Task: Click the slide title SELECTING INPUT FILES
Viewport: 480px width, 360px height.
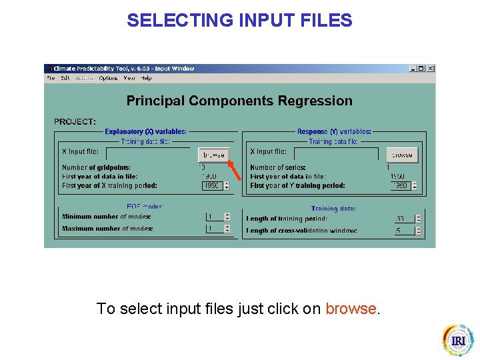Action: tap(239, 21)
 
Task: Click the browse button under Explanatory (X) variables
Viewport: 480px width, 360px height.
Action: tap(214, 155)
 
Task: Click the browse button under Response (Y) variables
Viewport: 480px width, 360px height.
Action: tap(402, 155)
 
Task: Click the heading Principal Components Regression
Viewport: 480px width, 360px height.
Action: tap(239, 101)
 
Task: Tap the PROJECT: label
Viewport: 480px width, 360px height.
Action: tap(75, 122)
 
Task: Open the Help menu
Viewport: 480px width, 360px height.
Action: tap(146, 78)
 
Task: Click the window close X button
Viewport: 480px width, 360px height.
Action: tap(431, 69)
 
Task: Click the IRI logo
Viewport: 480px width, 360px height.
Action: tap(458, 340)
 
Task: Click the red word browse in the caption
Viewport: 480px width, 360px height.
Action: tap(351, 309)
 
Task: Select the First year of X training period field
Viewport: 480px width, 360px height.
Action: tap(212, 186)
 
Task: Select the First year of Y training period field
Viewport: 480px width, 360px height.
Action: tap(401, 186)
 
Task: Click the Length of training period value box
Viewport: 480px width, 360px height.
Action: tap(403, 219)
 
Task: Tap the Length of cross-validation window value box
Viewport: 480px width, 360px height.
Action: tap(403, 231)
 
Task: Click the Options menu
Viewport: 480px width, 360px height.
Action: tap(108, 78)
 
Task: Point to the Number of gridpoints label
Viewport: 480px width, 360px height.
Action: tap(96, 167)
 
